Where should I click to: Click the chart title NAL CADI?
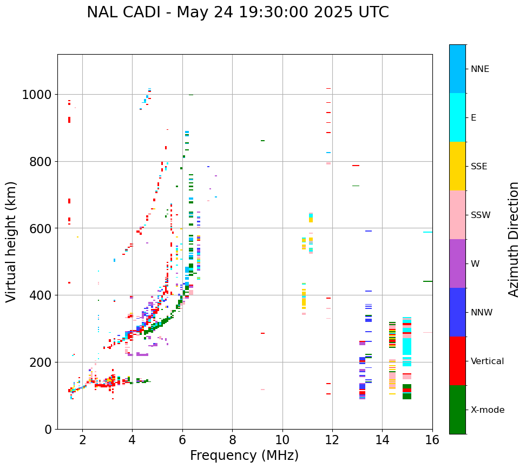pos(238,12)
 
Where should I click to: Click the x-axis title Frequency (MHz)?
pos(244,456)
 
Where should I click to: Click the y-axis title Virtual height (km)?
pos(12,242)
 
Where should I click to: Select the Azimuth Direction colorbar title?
pos(514,239)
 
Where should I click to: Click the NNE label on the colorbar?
pos(480,69)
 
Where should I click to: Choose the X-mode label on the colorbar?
pos(488,410)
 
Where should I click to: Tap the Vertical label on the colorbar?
pos(487,361)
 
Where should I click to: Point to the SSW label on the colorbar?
pos(481,215)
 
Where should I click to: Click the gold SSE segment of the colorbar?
pos(457,166)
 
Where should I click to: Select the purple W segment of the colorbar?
pos(457,263)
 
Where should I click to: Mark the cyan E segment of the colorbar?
pos(457,117)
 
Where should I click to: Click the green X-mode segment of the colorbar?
pos(457,410)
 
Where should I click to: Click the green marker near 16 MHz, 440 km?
pos(428,281)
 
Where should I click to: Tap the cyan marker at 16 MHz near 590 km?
pos(428,232)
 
